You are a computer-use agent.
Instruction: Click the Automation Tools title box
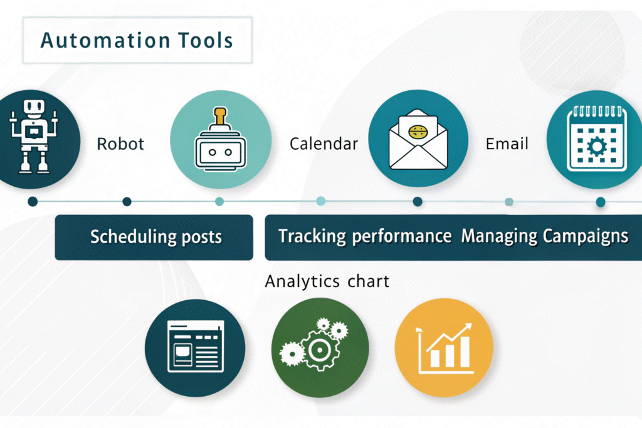[x=137, y=41]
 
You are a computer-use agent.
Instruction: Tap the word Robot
[x=120, y=144]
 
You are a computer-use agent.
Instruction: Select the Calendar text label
[x=324, y=144]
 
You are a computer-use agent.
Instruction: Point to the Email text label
[x=507, y=144]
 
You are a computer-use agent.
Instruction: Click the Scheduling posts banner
[x=154, y=237]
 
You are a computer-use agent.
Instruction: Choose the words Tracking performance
[x=364, y=237]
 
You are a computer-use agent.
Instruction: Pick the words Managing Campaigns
[x=544, y=237]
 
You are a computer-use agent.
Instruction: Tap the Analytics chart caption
[x=327, y=281]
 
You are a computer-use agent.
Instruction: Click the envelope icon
[x=418, y=139]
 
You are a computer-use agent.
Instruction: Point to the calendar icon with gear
[x=596, y=139]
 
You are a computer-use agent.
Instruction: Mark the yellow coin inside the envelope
[x=418, y=132]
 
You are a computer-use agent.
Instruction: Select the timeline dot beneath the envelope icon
[x=418, y=201]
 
